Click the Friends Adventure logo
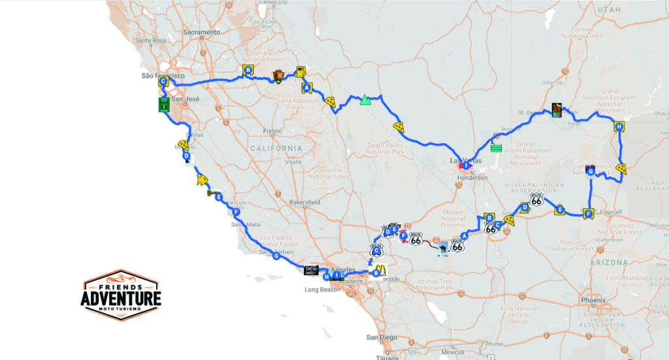point(122,295)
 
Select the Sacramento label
point(201,31)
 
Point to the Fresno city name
point(272,131)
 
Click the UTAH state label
point(608,10)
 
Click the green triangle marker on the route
point(365,100)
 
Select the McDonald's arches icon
point(380,267)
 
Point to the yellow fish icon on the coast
point(201,180)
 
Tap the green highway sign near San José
point(164,105)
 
